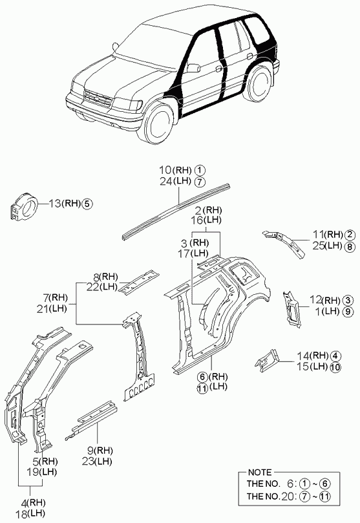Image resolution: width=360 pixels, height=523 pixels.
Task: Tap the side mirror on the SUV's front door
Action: (x=193, y=68)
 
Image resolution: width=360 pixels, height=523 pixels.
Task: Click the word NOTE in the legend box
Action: (x=260, y=473)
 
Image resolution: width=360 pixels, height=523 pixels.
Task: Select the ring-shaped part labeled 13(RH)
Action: (x=24, y=207)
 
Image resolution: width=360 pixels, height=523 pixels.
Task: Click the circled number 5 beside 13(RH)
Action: (x=87, y=204)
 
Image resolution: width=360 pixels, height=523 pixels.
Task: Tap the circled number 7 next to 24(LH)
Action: (x=199, y=182)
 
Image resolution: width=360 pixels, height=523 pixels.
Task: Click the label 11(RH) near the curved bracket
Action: (x=328, y=235)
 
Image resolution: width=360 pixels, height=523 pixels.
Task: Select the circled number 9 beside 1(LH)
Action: (x=348, y=312)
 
